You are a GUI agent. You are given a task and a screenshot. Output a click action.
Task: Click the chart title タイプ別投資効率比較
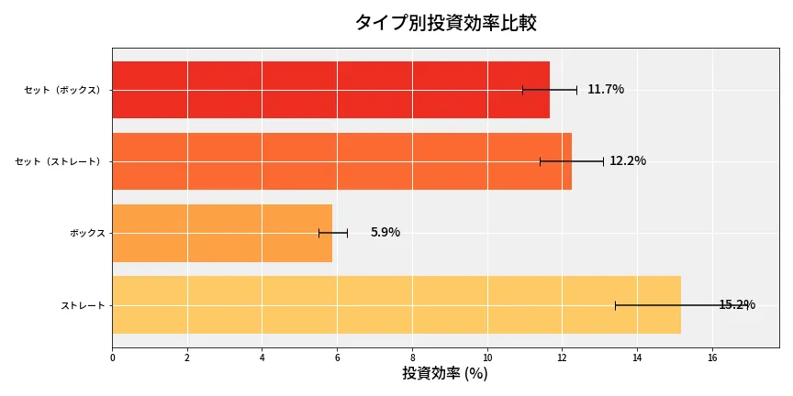(445, 23)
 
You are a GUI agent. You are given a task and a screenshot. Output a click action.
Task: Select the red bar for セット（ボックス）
(330, 90)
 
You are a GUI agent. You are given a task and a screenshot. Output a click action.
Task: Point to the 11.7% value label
(606, 90)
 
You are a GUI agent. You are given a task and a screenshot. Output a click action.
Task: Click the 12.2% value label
(628, 161)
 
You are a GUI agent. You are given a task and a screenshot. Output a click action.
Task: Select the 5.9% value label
(385, 233)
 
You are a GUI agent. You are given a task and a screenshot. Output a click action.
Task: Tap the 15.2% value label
(737, 305)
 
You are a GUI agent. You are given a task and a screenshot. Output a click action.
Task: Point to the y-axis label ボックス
(87, 233)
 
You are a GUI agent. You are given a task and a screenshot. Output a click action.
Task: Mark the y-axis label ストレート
(83, 304)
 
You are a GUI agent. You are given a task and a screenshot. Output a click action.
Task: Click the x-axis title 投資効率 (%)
(445, 374)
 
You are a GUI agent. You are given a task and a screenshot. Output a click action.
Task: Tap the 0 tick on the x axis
(112, 358)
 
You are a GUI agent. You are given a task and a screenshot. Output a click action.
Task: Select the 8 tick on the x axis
(412, 358)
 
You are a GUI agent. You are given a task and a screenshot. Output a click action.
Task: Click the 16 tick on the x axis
(712, 358)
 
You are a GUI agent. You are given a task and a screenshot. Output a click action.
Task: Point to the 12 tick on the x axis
(562, 358)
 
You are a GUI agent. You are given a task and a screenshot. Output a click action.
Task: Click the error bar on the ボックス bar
(333, 233)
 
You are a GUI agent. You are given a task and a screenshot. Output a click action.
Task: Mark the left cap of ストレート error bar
(615, 304)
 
